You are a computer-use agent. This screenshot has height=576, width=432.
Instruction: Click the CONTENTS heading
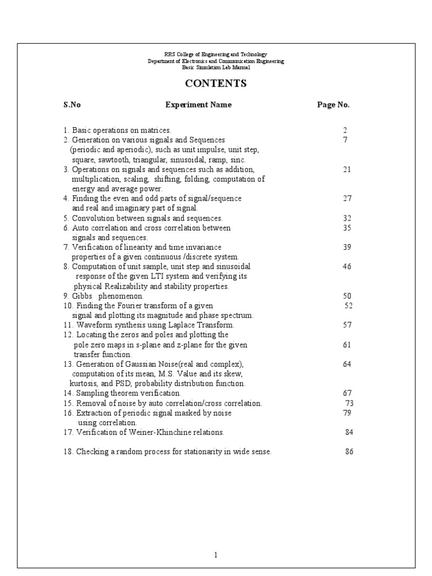216,84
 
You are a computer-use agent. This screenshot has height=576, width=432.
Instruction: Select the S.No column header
72,105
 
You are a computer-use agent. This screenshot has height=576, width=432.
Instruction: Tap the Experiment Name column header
198,105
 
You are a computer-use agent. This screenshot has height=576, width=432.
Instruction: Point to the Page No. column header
334,105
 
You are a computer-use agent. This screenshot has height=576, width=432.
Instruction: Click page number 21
346,169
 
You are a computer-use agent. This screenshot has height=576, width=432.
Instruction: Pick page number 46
346,266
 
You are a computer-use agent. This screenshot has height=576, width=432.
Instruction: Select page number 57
347,325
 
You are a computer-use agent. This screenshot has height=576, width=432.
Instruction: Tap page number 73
349,403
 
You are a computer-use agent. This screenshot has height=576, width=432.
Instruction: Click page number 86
349,452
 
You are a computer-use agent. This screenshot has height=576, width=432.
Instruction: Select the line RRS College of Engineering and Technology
216,54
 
